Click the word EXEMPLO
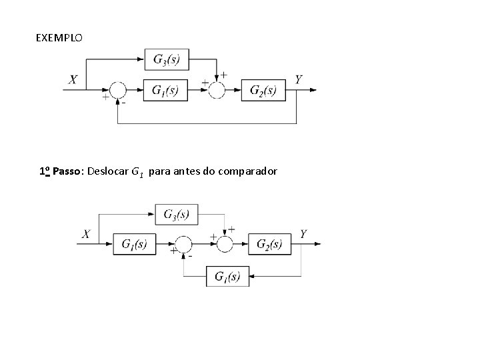pos(59,38)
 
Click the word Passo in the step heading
pos(67,172)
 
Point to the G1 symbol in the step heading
pos(137,173)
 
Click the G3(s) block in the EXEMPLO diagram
pos(166,59)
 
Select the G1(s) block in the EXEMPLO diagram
pos(165,90)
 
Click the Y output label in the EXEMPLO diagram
pos(299,79)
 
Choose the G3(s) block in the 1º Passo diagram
pos(176,214)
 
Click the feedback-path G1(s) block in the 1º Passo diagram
pos(227,276)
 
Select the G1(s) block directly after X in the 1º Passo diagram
pos(134,245)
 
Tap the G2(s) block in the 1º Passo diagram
pos(269,245)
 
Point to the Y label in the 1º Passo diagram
pos(304,234)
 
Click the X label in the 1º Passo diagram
pos(86,234)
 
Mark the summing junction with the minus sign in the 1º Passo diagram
pos(183,245)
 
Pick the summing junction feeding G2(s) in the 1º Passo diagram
pos(225,245)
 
